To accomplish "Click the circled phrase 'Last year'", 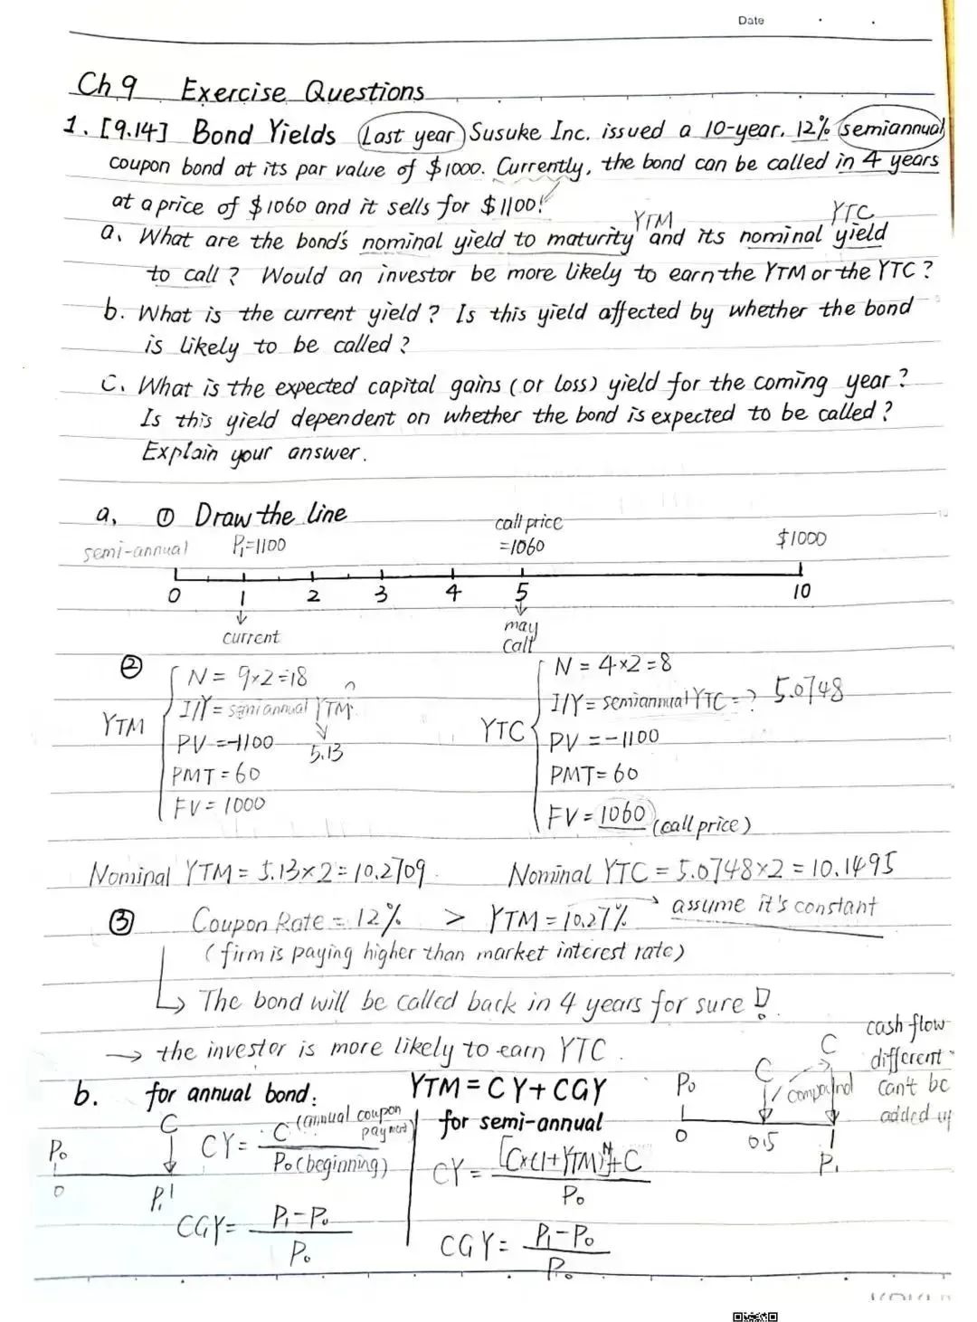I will pyautogui.click(x=411, y=135).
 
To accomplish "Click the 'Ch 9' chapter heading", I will pyautogui.click(x=107, y=87).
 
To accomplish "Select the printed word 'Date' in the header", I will pyautogui.click(x=750, y=20).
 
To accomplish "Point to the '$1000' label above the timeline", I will pyautogui.click(x=801, y=539).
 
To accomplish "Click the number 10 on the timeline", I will pyautogui.click(x=802, y=592).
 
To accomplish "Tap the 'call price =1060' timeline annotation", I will pyautogui.click(x=526, y=535).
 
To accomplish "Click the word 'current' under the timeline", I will pyautogui.click(x=251, y=637).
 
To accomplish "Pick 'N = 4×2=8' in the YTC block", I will pyautogui.click(x=612, y=666).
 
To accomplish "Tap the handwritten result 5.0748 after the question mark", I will pyautogui.click(x=808, y=693).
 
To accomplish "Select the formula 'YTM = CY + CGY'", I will pyautogui.click(x=507, y=1089).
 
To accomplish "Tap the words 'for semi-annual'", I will pyautogui.click(x=520, y=1124).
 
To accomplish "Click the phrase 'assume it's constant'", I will pyautogui.click(x=774, y=906).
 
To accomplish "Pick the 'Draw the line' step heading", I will pyautogui.click(x=270, y=515).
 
